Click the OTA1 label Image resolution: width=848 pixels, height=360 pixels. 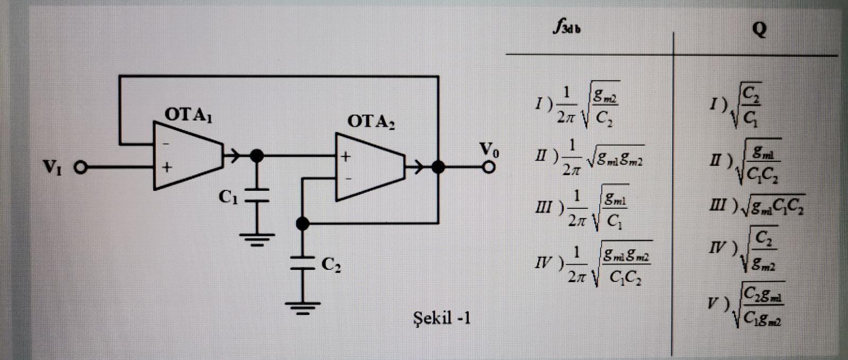tap(188, 115)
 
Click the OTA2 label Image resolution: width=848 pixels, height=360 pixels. tap(371, 121)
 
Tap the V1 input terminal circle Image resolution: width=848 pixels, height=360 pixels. tap(80, 168)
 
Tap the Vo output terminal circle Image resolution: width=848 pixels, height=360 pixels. tap(489, 167)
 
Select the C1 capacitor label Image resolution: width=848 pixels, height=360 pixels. tap(228, 197)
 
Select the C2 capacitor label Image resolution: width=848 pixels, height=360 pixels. tap(331, 264)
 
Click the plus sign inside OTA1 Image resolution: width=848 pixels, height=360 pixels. tap(167, 168)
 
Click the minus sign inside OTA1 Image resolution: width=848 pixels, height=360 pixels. tap(166, 143)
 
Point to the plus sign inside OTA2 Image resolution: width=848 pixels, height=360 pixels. tap(346, 156)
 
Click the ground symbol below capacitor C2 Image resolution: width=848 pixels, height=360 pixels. tap(303, 308)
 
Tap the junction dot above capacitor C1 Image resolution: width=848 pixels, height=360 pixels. tap(257, 155)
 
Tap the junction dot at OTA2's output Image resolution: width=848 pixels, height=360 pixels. tap(438, 167)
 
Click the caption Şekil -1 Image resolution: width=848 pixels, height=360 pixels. tap(441, 318)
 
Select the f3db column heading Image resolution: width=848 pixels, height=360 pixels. tap(566, 27)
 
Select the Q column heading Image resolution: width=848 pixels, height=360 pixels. tap(759, 29)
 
